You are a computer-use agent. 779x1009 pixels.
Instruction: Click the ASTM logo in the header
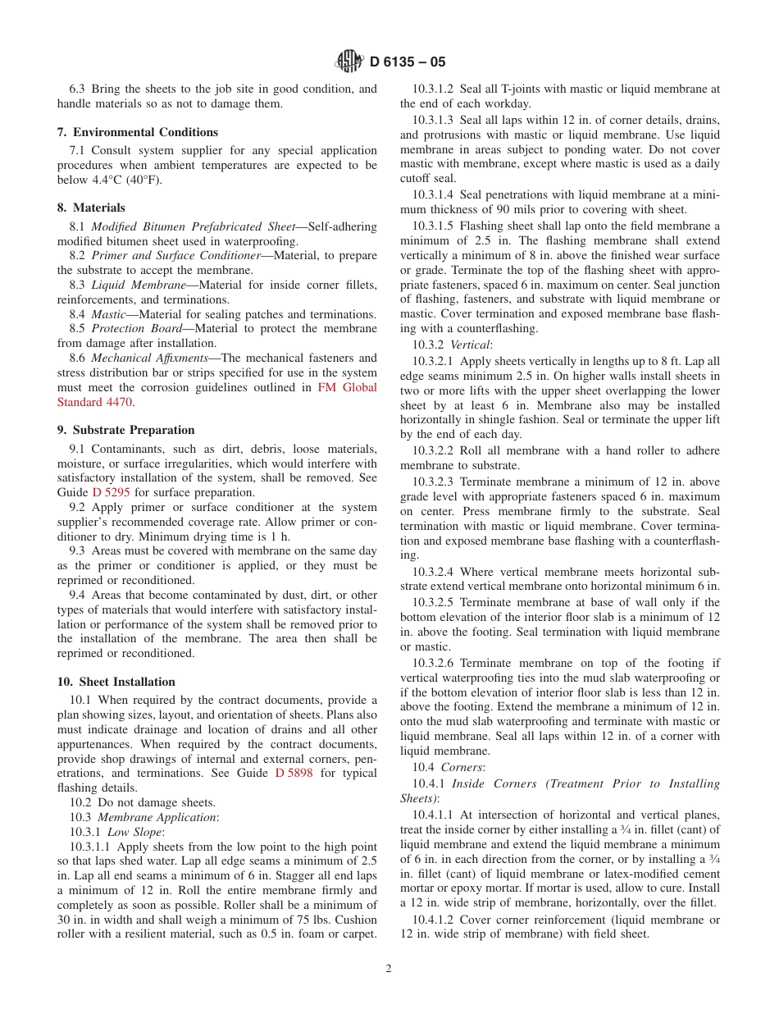click(350, 62)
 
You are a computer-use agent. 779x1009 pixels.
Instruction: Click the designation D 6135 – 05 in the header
click(408, 62)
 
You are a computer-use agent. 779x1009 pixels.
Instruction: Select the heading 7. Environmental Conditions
click(137, 132)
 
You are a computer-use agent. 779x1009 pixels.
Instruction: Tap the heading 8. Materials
click(91, 208)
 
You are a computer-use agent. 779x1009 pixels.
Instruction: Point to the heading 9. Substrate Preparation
click(125, 430)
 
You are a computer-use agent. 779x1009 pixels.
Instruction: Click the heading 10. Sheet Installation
click(116, 682)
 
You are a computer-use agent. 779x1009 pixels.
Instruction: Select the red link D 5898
click(294, 773)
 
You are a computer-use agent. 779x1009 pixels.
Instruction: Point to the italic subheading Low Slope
click(135, 832)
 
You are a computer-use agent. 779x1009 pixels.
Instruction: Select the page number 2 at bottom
click(389, 968)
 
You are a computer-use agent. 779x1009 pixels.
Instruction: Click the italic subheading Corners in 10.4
click(462, 767)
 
